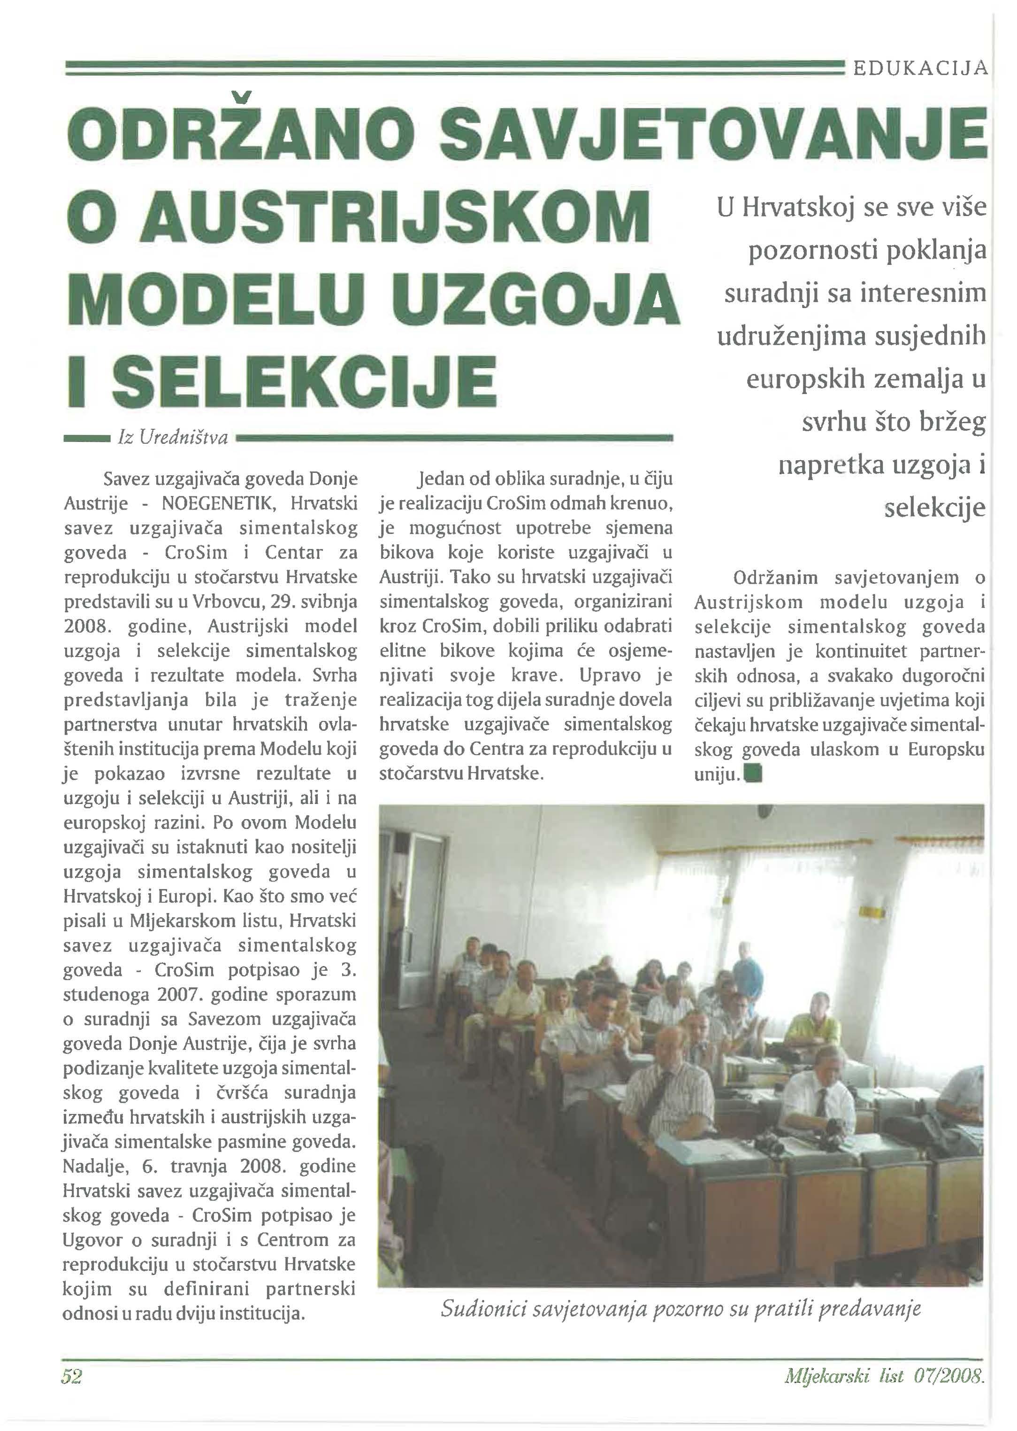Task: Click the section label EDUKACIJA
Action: tap(919, 66)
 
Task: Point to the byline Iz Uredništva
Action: tap(173, 438)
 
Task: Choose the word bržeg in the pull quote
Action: tap(952, 422)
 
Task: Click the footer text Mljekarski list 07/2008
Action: tap(884, 1376)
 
